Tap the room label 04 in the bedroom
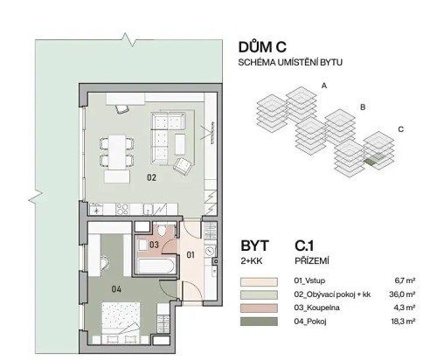click(116, 287)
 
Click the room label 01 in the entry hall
click(191, 256)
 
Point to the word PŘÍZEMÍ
click(316, 260)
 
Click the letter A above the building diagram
click(323, 86)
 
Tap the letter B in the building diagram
click(362, 107)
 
